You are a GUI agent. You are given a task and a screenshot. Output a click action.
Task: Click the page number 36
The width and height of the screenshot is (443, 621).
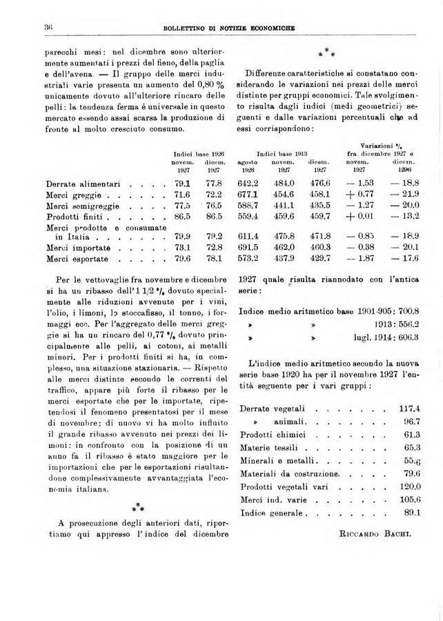pyautogui.click(x=30, y=27)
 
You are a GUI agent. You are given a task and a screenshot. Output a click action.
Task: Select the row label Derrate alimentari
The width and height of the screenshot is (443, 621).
pyautogui.click(x=83, y=184)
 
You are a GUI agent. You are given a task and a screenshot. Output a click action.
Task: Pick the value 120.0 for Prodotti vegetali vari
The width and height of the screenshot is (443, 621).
pyautogui.click(x=410, y=487)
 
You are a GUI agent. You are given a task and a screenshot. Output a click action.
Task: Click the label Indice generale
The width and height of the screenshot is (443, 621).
pyautogui.click(x=270, y=513)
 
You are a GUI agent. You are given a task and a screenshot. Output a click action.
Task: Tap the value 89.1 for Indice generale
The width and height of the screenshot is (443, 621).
pyautogui.click(x=412, y=513)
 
